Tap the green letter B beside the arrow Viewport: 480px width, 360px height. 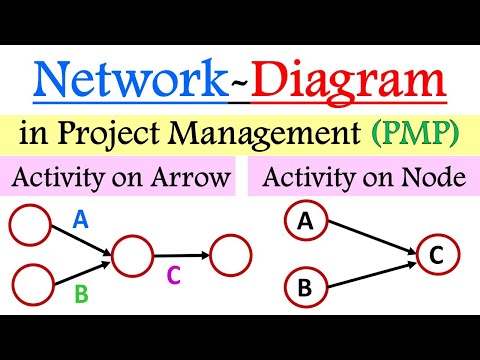click(82, 295)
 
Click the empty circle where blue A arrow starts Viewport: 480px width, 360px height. click(29, 225)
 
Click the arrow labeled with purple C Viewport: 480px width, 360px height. click(181, 255)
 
